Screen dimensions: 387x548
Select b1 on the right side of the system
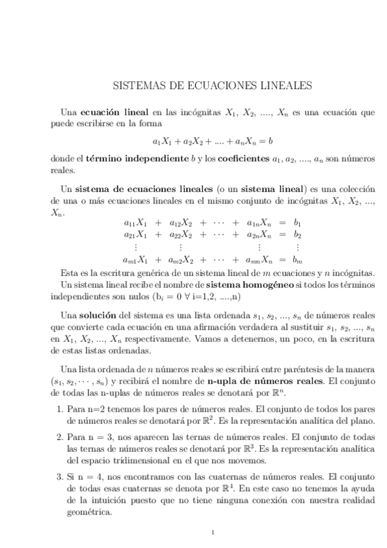[298, 222]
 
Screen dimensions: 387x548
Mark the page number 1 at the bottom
[213, 532]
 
